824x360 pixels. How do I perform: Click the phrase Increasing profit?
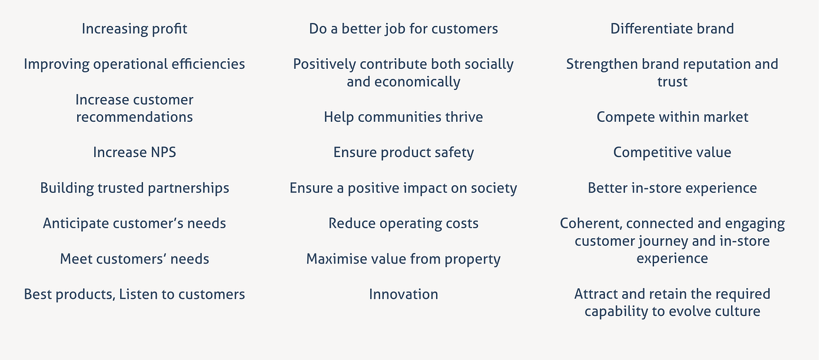(134, 29)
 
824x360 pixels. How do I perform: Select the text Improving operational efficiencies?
(134, 64)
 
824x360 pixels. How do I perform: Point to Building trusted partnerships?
(134, 188)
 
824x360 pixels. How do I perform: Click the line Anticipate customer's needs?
(134, 224)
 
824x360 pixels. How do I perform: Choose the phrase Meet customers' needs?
(134, 259)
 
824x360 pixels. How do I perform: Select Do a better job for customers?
(403, 29)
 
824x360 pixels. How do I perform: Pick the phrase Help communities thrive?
(403, 117)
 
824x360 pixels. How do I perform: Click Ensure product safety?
(403, 153)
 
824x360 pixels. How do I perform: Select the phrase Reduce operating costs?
(403, 224)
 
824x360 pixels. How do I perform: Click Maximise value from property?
(403, 259)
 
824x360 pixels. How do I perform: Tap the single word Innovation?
(403, 294)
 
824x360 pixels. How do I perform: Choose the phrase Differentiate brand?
(672, 29)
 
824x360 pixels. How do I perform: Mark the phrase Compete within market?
(672, 117)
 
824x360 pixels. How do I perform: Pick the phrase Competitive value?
(672, 153)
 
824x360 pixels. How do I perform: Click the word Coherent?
(590, 224)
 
